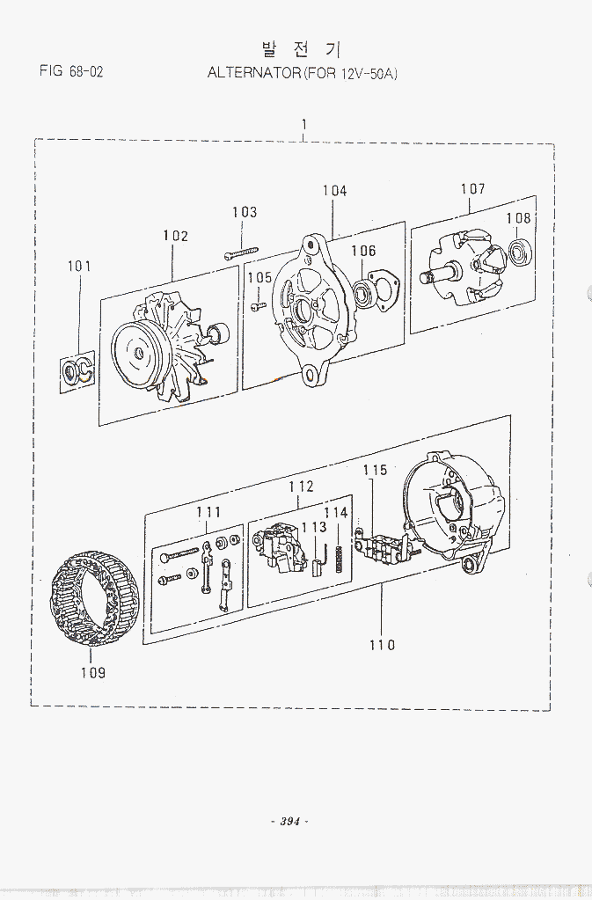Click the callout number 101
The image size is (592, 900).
pos(79,266)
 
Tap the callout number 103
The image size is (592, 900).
pos(245,212)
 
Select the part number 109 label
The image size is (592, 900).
pos(92,673)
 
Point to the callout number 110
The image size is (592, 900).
pos(382,645)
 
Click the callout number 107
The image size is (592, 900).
pos(472,189)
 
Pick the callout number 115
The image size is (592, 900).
pos(376,471)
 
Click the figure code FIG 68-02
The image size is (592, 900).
pos(71,71)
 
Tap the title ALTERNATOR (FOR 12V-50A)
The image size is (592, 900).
pos(303,73)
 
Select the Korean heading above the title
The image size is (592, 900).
pos(302,48)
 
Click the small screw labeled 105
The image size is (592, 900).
pos(259,306)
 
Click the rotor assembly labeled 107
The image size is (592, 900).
pos(460,263)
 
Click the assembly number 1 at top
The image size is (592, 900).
pos(303,124)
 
